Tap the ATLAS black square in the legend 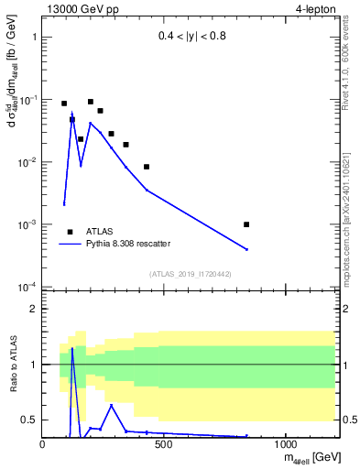70,232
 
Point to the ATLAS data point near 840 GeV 246,224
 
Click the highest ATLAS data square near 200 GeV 91,102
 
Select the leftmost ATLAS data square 64,104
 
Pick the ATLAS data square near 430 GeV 147,167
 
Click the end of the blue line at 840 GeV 246,249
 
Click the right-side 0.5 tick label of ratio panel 348,420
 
